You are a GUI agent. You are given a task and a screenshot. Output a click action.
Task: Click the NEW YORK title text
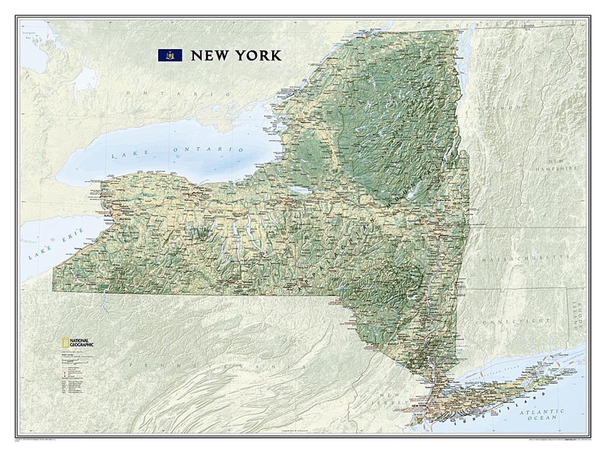click(236, 56)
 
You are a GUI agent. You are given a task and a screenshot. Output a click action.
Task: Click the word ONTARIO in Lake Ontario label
click(208, 149)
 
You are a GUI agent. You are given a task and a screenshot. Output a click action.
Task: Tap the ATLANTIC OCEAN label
click(541, 414)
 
